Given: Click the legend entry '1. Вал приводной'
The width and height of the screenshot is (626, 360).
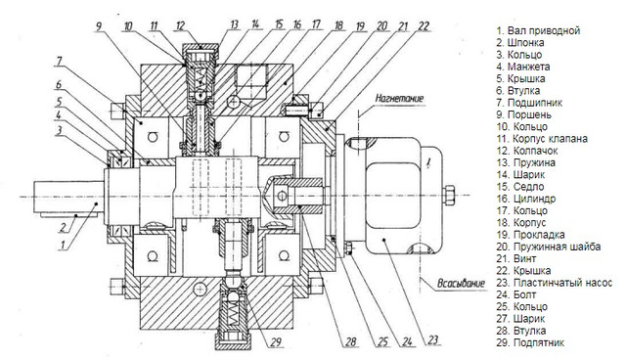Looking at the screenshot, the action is pos(538,30).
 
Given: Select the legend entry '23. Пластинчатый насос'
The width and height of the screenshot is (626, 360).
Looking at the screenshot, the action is pos(555,283).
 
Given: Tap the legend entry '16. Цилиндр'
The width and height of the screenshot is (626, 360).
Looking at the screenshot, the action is pos(526,199).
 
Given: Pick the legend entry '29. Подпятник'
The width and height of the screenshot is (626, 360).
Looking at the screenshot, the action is pos(530,342).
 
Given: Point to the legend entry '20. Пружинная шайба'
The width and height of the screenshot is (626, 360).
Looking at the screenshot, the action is pos(549,247).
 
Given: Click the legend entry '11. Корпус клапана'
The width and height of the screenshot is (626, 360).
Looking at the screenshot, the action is pos(542,139).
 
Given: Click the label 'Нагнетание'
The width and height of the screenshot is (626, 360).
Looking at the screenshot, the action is pos(399,98).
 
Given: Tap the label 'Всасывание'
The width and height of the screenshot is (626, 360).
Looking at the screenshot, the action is pos(461,284).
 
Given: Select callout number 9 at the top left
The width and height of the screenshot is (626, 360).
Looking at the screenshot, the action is pos(99,26).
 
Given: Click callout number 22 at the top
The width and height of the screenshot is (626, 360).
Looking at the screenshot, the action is pos(424,26).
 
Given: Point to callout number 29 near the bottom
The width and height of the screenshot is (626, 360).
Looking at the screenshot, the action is pos(276,342).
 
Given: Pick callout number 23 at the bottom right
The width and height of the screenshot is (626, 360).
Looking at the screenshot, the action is pos(432,340).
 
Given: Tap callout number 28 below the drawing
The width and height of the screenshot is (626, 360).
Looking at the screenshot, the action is pos(350,342).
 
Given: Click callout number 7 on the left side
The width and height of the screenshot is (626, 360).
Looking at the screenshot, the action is pos(59,62).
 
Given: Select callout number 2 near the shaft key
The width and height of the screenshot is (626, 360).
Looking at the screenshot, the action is pos(63,228).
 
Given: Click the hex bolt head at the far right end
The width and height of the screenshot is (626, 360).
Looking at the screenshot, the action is pos(449,195).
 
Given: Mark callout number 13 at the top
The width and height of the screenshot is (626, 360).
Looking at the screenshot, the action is pos(235,25).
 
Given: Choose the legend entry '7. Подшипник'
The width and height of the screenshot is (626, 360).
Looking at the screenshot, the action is pos(529,103).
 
